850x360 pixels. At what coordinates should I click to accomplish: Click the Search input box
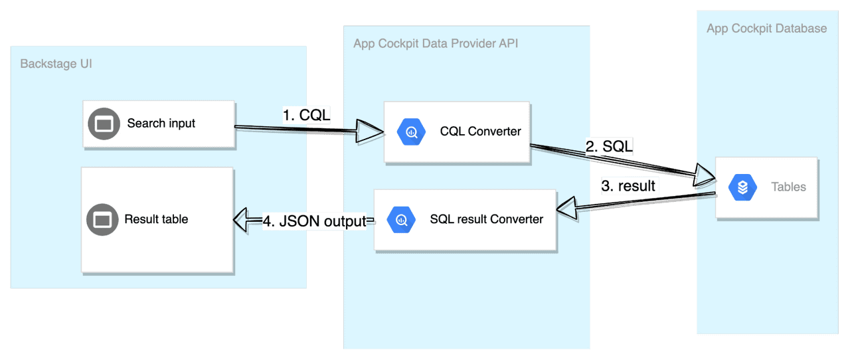point(159,124)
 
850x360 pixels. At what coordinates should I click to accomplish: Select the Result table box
point(157,220)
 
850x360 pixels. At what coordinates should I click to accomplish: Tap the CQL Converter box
point(458,132)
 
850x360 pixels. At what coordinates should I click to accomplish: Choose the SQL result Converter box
point(465,220)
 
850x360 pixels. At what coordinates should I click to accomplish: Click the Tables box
point(766,187)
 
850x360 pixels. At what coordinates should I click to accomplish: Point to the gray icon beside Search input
point(103,124)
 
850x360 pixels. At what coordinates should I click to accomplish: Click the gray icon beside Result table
point(103,219)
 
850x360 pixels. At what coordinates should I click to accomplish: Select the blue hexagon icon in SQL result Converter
point(401,219)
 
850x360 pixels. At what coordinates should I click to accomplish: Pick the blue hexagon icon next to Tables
point(742,187)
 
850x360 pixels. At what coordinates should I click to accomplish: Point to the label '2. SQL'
point(609,147)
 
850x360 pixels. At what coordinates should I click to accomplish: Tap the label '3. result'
point(628,186)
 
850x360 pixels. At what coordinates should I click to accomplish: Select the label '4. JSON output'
point(314,222)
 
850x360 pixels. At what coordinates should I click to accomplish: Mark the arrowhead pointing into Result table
point(246,221)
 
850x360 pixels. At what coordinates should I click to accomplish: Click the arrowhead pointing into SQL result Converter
point(568,208)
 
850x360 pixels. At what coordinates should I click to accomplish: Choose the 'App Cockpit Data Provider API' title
point(436,45)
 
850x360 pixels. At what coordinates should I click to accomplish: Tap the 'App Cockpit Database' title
point(766,29)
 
